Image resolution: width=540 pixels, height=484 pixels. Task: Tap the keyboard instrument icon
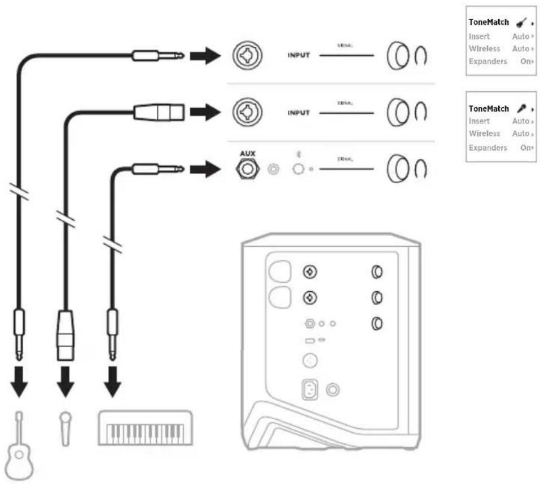146,428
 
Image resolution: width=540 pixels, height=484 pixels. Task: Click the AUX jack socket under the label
248,168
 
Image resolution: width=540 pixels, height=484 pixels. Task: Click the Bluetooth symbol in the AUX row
298,154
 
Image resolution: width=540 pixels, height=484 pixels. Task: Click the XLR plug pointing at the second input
158,112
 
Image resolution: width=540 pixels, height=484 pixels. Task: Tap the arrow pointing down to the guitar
20,383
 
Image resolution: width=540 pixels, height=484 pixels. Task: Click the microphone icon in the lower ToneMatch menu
522,108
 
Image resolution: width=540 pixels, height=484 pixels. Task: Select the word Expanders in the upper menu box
488,61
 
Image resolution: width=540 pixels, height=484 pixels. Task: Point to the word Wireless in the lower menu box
484,134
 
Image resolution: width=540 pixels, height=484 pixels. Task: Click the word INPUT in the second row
298,112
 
